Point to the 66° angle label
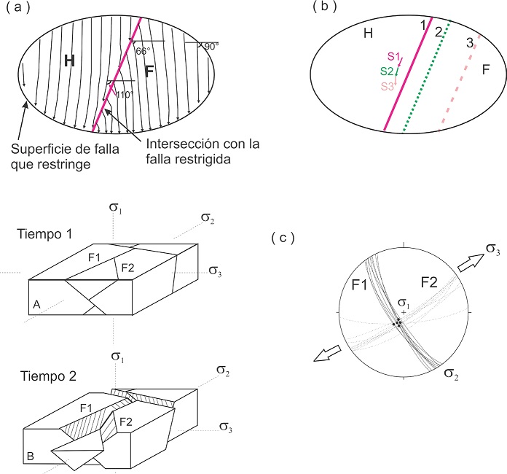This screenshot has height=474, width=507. click(x=143, y=51)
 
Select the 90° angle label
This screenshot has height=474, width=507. click(x=211, y=46)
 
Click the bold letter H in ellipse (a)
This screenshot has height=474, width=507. click(x=69, y=62)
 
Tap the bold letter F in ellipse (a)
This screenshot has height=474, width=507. click(x=149, y=71)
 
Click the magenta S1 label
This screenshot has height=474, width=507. click(x=393, y=56)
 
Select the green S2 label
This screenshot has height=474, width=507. click(x=387, y=71)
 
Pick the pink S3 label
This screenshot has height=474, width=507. click(x=386, y=87)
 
